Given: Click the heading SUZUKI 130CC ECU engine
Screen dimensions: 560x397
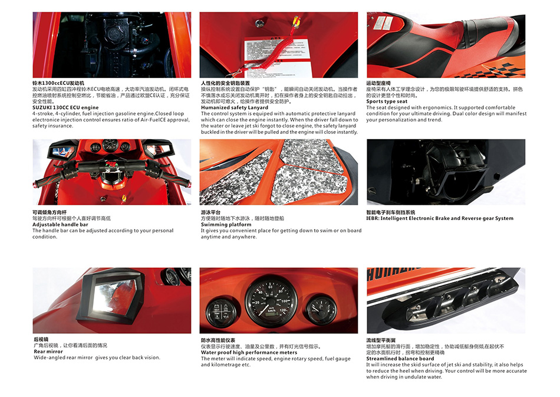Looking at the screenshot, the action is point(65,107).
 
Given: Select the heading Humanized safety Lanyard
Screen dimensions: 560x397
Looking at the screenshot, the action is point(234,107).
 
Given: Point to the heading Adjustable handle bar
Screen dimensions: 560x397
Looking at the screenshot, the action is point(60,225).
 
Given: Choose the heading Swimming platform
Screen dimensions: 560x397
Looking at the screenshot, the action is point(226,225).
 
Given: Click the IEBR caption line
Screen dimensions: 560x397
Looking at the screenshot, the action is point(440,218).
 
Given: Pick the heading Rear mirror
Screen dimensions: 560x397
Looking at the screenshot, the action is point(48,352).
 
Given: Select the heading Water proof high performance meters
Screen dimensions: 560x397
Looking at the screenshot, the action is point(249,352).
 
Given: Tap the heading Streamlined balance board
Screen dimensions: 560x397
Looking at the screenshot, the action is point(400,359).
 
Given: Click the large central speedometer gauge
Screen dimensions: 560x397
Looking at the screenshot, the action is point(271,301).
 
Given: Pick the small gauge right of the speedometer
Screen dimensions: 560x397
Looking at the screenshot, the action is point(321,310).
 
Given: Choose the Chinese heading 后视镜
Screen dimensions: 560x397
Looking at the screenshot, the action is point(41,339).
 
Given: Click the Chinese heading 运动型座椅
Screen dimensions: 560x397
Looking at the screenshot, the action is point(378,83).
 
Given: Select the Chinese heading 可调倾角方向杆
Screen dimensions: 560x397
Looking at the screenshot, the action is point(50,212).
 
